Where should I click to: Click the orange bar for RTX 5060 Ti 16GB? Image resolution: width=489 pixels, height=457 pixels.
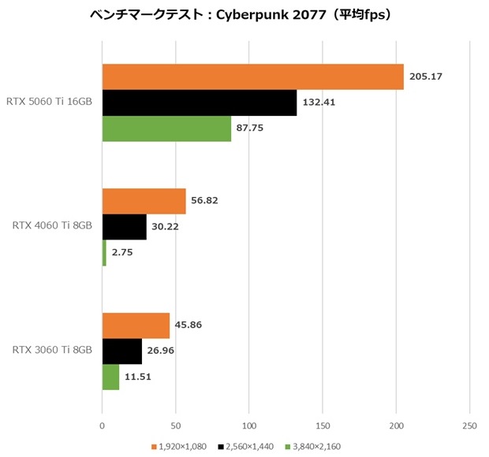pos(252,77)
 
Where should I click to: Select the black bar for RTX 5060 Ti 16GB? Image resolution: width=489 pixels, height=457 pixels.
pos(200,102)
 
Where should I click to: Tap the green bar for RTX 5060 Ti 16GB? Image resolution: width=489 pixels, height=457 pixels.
pos(166,128)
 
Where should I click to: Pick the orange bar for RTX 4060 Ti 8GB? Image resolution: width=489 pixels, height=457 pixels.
pos(144,201)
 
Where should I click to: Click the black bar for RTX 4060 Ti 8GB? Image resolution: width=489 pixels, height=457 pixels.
pos(124,227)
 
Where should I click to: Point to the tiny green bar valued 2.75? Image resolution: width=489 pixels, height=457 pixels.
pos(104,252)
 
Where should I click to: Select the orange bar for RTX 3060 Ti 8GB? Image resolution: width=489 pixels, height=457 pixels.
pos(136,325)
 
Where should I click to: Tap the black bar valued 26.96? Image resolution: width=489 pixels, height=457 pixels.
pos(121,351)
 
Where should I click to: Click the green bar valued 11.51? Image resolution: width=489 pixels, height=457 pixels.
pos(110,377)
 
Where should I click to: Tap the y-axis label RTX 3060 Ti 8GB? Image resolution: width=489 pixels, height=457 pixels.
pos(52,351)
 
